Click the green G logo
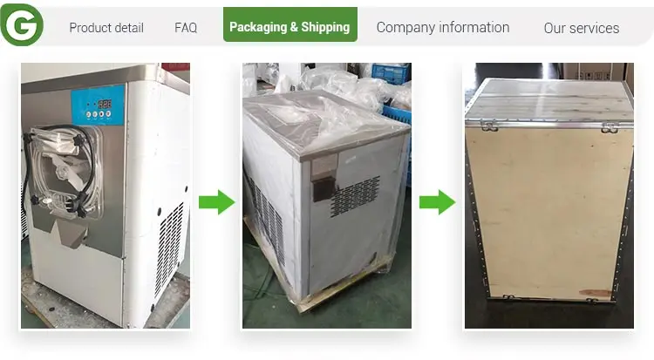22,24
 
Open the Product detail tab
106,28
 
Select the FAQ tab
186,28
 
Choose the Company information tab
443,28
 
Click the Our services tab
582,28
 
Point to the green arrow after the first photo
217,202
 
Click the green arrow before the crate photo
437,202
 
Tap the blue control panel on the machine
98,105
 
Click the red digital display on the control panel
105,104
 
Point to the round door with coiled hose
66,171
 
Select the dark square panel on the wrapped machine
324,189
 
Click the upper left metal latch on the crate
489,125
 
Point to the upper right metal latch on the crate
610,127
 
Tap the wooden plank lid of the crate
549,100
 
